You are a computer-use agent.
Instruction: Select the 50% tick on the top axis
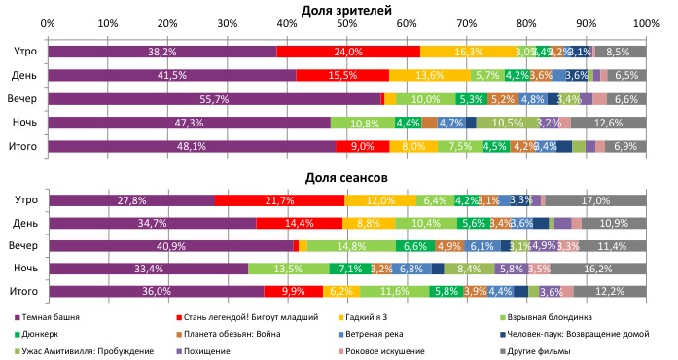[347, 22]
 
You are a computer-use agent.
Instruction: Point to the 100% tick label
[646, 22]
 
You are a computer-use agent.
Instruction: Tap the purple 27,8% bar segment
[131, 199]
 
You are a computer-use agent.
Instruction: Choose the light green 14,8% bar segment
[352, 246]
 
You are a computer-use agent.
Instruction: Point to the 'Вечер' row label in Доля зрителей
[22, 98]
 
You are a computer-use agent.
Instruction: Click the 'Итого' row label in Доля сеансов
[22, 291]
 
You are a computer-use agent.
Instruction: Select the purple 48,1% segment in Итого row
[192, 146]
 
